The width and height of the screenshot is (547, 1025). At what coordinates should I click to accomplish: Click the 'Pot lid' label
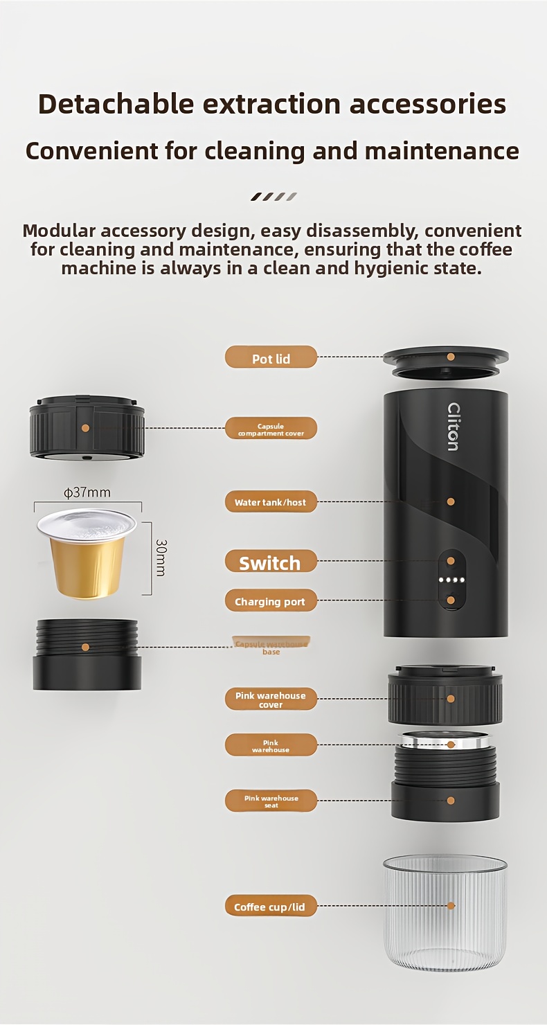(271, 357)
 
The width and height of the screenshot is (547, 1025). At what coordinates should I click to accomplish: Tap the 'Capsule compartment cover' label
(271, 429)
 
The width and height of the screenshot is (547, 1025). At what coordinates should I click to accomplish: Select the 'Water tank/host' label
(271, 502)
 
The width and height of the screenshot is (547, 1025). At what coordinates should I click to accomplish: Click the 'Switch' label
(271, 562)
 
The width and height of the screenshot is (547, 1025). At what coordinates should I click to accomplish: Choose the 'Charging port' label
(271, 601)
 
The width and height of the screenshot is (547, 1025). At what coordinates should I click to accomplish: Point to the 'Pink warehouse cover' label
(271, 699)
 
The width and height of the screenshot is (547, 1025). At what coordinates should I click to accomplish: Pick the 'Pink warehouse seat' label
(271, 801)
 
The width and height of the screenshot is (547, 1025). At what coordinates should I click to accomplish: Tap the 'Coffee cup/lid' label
(271, 907)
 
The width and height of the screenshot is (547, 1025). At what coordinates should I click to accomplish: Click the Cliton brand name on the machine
(454, 427)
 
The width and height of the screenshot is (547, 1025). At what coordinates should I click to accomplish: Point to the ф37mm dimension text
(87, 493)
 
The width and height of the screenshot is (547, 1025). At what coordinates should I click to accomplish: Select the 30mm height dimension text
(160, 558)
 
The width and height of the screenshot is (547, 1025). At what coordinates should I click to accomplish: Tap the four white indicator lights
(451, 581)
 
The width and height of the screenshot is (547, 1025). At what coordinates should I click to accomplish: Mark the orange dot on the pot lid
(451, 357)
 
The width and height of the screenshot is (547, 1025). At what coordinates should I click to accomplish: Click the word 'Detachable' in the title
(116, 104)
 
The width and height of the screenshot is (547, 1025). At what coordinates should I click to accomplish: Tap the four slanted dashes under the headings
(273, 197)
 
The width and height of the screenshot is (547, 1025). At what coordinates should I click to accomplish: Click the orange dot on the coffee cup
(451, 905)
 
